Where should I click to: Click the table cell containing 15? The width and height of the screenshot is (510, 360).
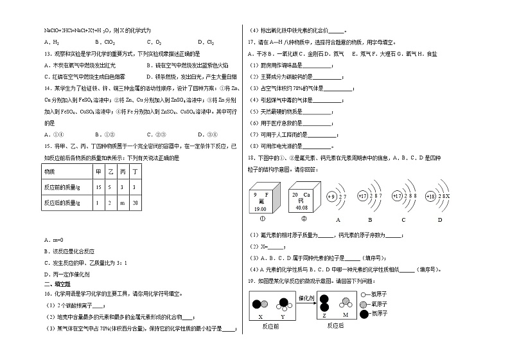[98, 187]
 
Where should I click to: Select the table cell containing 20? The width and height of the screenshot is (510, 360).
[136, 203]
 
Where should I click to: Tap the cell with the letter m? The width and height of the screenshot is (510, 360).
[123, 203]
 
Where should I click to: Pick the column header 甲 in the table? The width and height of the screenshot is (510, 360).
[98, 172]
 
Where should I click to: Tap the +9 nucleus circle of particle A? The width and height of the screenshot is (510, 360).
[331, 196]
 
